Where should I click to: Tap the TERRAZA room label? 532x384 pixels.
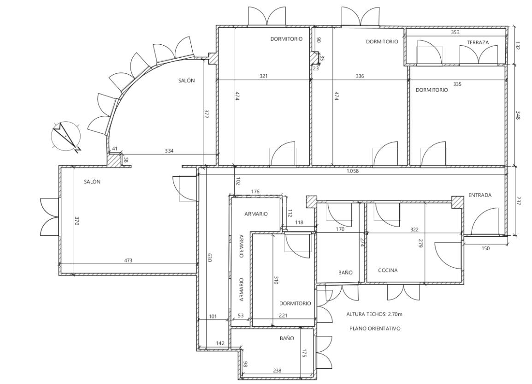click(478, 42)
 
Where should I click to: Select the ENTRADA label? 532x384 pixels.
click(480, 195)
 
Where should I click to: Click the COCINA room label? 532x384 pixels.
click(388, 270)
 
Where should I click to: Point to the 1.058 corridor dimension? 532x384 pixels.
click(352, 171)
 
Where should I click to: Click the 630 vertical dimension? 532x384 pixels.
click(209, 258)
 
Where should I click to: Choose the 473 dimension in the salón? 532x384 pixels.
click(128, 261)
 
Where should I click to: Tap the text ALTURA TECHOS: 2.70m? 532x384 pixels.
click(374, 314)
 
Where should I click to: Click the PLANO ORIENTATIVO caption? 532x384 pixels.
click(375, 329)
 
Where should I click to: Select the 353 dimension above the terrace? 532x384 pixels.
click(455, 32)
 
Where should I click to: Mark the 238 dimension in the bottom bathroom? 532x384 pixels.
click(277, 371)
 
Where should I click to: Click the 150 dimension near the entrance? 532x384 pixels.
click(485, 248)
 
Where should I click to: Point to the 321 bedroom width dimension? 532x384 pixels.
click(264, 76)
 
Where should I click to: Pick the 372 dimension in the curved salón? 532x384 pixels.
click(206, 114)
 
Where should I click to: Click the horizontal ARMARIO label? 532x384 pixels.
click(256, 214)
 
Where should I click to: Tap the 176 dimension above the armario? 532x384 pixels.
click(255, 192)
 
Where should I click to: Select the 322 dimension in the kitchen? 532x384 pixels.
click(414, 230)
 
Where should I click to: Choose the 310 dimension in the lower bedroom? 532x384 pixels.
click(276, 280)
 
